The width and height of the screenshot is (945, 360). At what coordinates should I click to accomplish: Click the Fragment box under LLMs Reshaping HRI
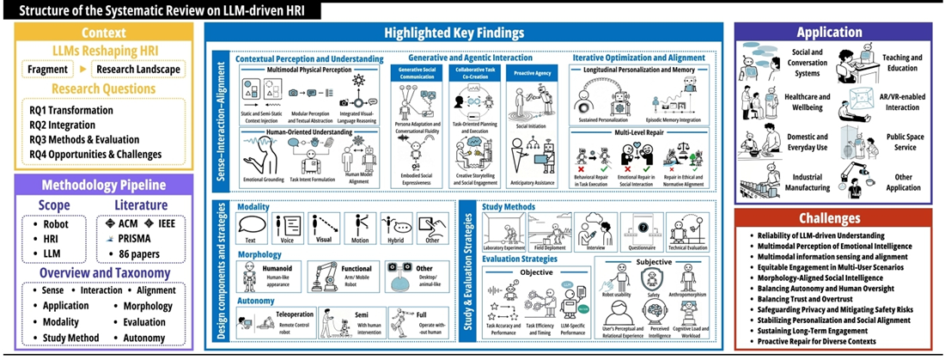(47, 70)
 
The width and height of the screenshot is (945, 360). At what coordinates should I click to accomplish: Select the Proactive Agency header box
(532, 74)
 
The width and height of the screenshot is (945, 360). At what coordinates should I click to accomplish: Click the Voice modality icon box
(288, 226)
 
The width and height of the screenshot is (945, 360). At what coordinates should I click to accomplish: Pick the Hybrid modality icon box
(398, 226)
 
